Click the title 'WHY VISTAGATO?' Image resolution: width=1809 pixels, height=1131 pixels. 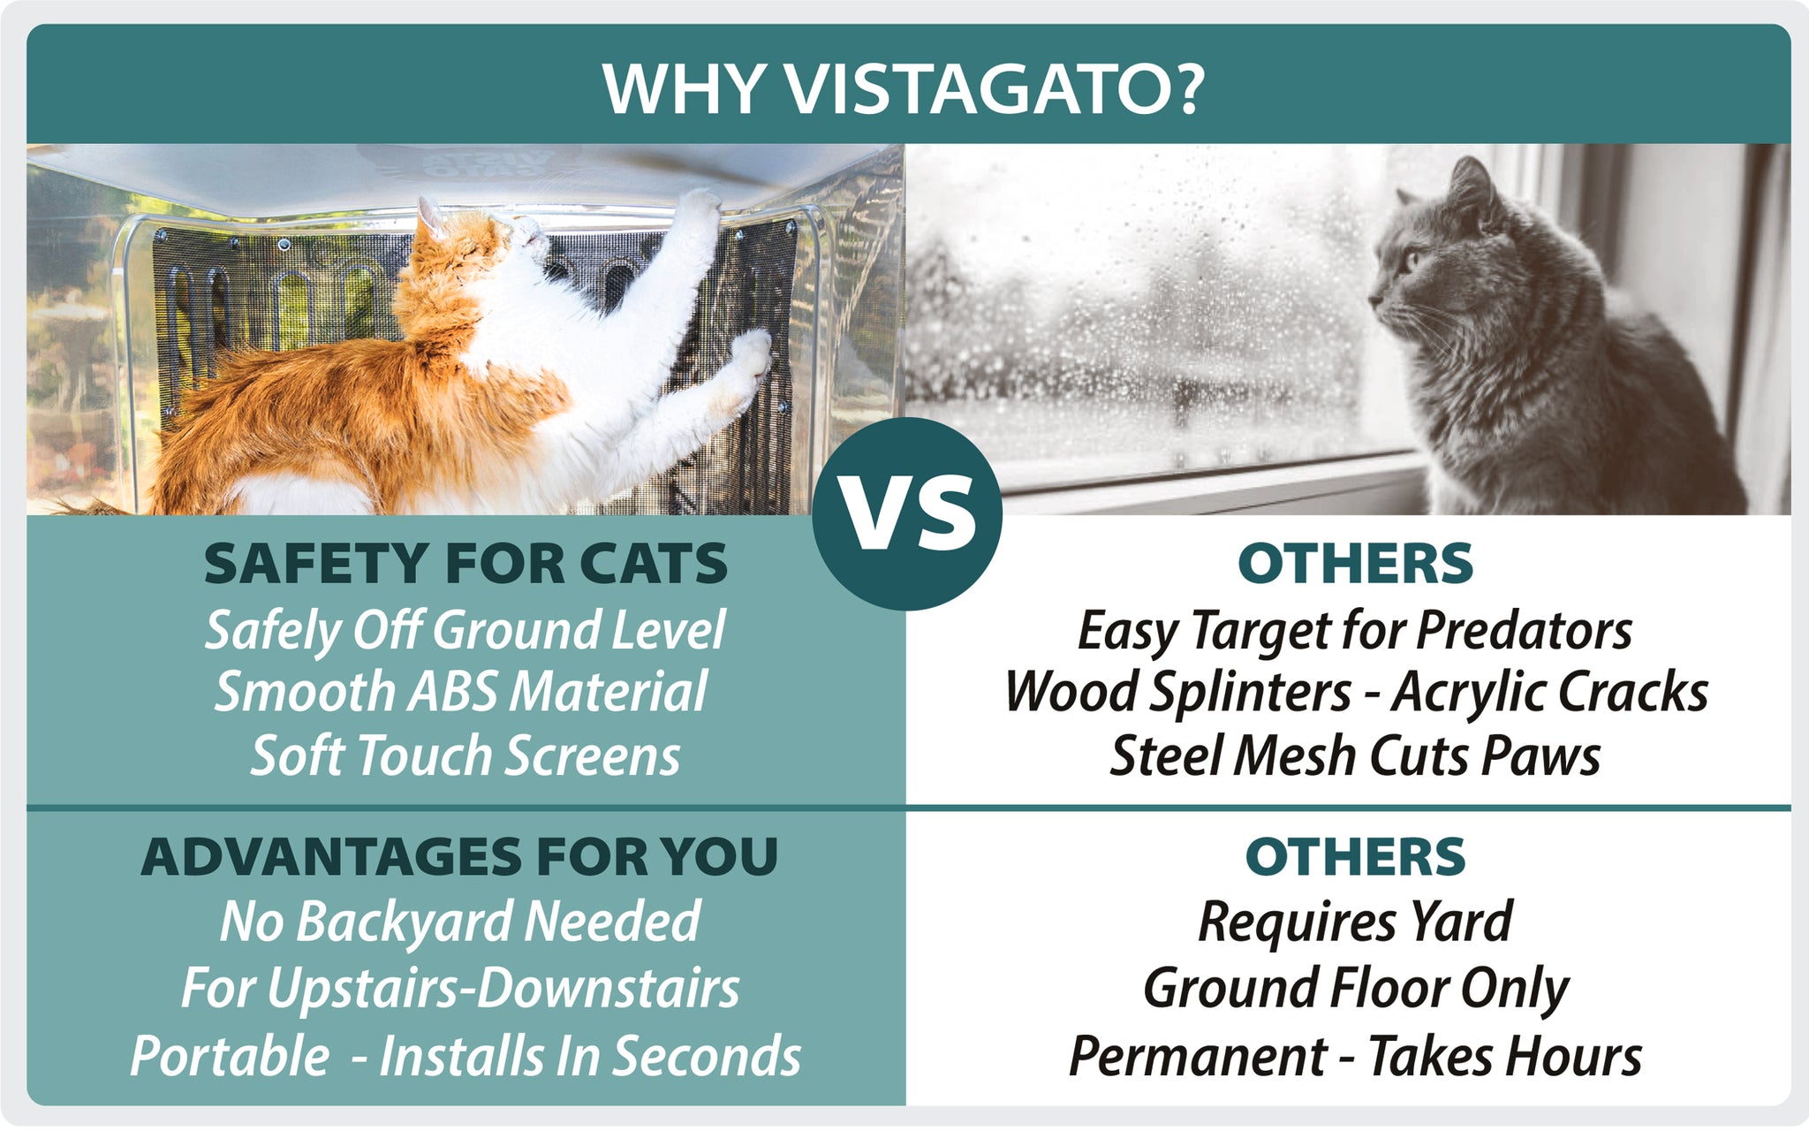point(904,88)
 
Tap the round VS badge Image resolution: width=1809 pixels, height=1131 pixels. point(907,514)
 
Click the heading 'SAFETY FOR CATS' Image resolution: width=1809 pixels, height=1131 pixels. point(465,564)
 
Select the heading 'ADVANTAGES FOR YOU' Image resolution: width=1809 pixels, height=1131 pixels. point(459,857)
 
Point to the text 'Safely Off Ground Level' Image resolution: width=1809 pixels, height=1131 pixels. point(465,631)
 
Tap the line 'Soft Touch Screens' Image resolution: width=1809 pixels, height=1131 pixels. point(465,755)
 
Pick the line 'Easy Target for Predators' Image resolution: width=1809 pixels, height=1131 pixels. point(1354,631)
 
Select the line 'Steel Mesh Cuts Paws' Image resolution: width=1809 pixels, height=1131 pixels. point(1355,755)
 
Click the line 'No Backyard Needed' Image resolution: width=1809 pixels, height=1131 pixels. point(460,922)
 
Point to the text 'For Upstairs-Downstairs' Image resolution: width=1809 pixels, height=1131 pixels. point(460,988)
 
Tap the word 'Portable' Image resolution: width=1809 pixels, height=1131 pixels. point(230,1055)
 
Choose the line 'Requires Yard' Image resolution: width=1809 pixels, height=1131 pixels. point(1355,922)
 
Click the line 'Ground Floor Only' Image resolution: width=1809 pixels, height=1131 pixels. point(1356,988)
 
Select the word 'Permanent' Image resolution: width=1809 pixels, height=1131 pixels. point(1198,1055)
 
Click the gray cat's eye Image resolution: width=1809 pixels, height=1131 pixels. point(1409,261)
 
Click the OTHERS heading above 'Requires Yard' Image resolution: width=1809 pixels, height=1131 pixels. point(1355,857)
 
